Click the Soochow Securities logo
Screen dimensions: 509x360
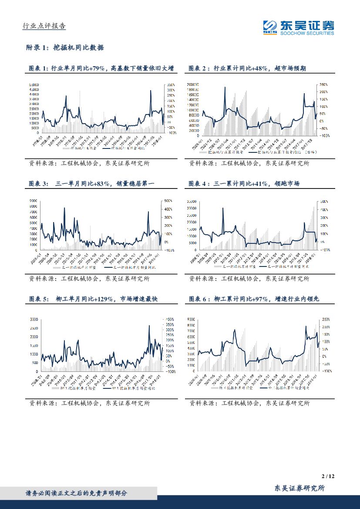299,27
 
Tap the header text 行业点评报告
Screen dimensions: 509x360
44,26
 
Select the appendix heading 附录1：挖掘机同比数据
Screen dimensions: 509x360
66,47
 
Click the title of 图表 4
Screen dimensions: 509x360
244,184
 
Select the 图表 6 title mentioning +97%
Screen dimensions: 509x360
254,299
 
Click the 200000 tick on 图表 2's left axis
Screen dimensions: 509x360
193,84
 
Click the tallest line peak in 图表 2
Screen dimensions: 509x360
225,87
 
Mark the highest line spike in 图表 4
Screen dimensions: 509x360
223,208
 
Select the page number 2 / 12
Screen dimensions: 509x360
328,477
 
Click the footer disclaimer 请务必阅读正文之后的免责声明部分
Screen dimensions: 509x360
77,493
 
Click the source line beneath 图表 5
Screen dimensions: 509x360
89,404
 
